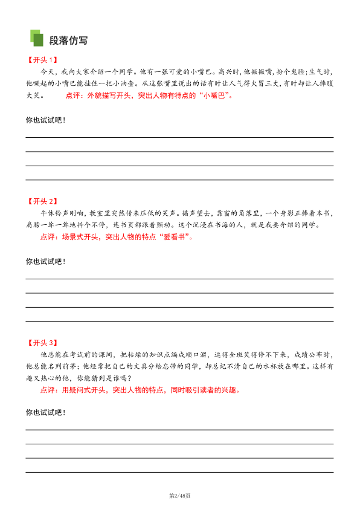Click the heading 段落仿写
[x=68, y=41]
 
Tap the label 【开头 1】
[x=42, y=60]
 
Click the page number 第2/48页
[x=180, y=496]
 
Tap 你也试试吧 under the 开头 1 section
[x=45, y=120]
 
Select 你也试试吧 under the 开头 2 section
[x=45, y=261]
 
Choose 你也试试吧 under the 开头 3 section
[x=45, y=412]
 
